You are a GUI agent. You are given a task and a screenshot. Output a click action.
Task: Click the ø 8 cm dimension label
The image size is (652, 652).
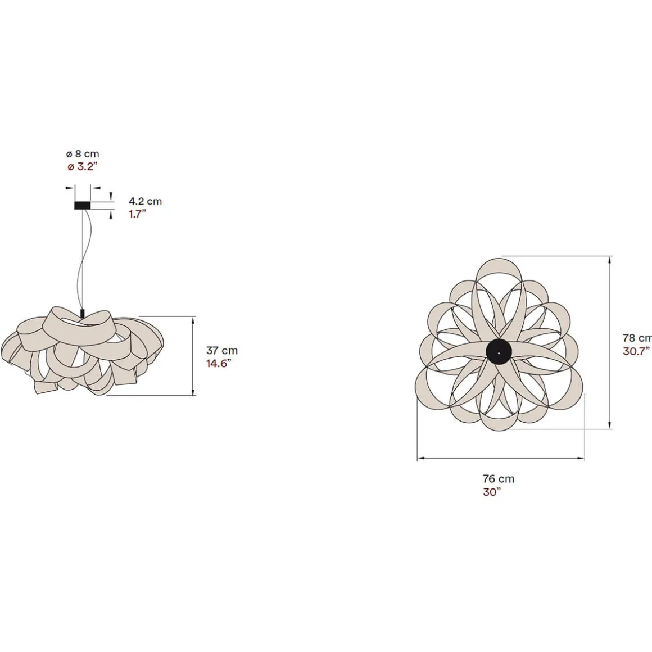click(83, 154)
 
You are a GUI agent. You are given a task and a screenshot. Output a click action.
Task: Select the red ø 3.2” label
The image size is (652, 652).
click(82, 167)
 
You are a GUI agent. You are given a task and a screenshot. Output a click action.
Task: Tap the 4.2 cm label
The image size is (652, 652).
click(145, 201)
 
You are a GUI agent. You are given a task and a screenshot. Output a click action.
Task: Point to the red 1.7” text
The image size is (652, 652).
click(138, 214)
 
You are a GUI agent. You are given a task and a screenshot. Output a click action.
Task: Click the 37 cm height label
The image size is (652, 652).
click(221, 351)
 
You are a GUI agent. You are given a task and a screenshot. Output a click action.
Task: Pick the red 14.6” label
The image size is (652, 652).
click(219, 364)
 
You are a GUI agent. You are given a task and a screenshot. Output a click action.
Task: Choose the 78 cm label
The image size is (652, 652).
click(637, 338)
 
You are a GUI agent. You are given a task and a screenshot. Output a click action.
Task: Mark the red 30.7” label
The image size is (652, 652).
click(637, 351)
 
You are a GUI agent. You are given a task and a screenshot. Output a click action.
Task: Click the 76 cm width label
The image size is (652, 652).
click(499, 479)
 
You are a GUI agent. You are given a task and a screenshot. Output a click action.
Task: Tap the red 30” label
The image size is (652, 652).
click(492, 492)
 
